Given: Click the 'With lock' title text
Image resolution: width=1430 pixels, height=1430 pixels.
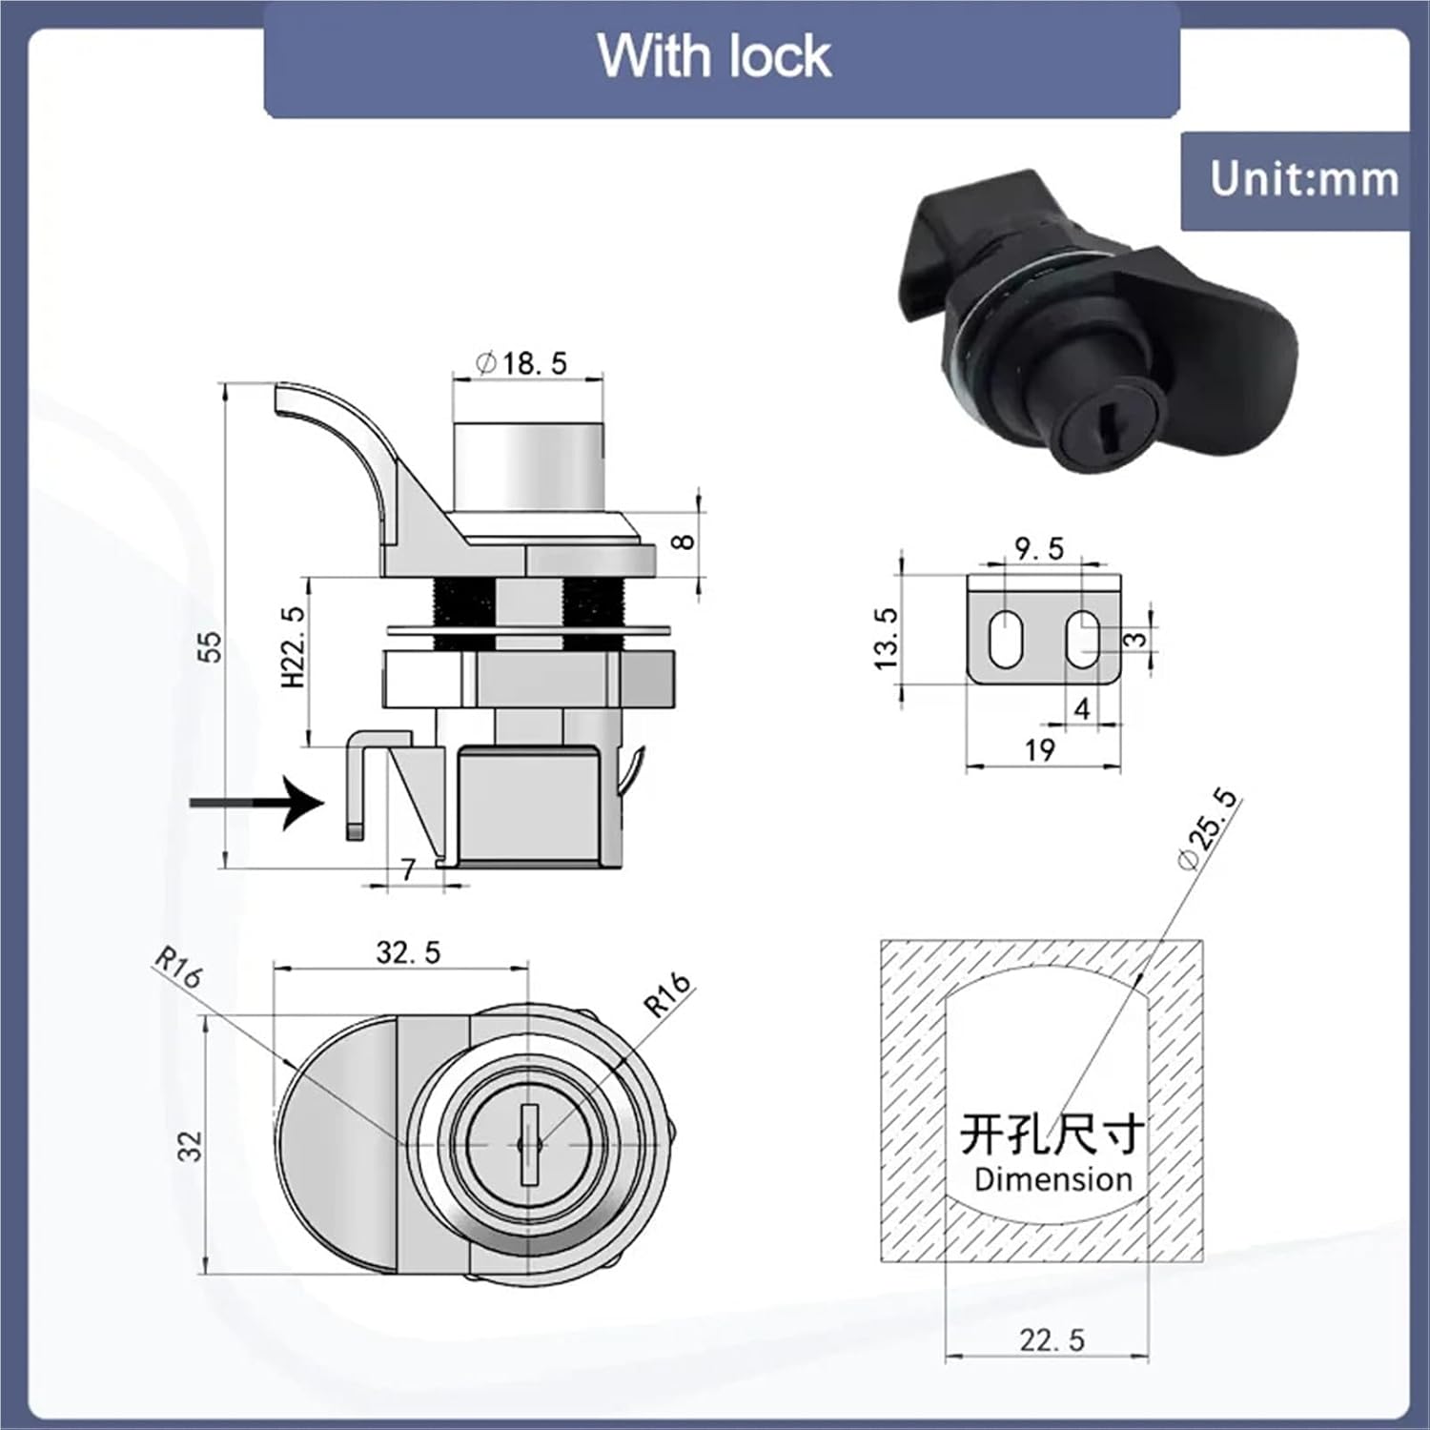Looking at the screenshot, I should click(x=714, y=56).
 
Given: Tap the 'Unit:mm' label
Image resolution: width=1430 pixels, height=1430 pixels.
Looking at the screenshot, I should click(x=1303, y=179).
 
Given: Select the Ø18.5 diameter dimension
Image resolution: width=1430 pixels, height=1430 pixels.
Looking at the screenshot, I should click(x=522, y=363).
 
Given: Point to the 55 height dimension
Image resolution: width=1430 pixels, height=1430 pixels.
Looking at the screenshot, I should click(x=211, y=645).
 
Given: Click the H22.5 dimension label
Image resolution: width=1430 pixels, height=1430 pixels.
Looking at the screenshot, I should click(x=293, y=646).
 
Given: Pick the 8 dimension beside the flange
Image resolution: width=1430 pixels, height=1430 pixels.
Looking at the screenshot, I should click(x=683, y=541).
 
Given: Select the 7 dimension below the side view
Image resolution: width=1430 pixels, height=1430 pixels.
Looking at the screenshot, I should click(x=408, y=869).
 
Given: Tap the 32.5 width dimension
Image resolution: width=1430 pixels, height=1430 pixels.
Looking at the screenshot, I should click(x=408, y=952).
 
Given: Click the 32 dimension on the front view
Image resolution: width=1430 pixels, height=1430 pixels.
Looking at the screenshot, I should click(x=191, y=1146).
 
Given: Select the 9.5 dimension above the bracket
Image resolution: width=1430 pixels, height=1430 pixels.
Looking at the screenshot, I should click(x=1039, y=549).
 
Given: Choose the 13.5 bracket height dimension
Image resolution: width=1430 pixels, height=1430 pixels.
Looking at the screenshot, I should click(x=886, y=638).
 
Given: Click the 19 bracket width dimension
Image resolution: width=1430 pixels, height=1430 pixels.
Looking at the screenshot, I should click(x=1040, y=750).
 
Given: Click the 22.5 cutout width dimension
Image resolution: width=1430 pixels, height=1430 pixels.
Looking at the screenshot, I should click(x=1052, y=1339).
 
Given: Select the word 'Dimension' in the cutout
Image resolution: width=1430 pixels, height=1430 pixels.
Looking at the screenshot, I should click(x=1052, y=1179).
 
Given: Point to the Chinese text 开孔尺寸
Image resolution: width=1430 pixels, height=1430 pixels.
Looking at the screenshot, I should click(x=1052, y=1134).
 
